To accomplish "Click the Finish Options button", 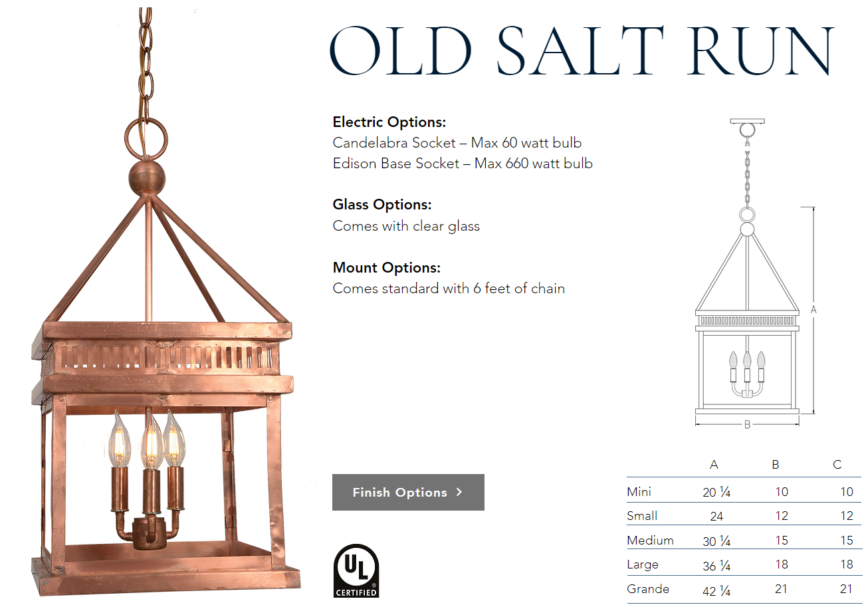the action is [408, 492].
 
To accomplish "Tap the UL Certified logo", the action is [356, 570].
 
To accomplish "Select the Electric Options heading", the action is [389, 122].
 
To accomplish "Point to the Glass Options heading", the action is [382, 204].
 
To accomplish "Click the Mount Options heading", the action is [387, 267].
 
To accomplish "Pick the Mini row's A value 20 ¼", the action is [716, 492].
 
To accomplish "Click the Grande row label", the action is [647, 588].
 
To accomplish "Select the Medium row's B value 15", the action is [782, 540].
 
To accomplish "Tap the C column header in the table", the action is [837, 464].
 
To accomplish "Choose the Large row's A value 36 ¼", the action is [716, 566].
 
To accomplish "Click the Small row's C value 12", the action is [847, 516].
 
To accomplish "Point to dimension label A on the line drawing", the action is [813, 309].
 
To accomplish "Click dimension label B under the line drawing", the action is [747, 425].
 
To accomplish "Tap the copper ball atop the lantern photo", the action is [147, 178].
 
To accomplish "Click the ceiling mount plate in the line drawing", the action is [747, 121].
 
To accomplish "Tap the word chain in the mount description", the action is [548, 289].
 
